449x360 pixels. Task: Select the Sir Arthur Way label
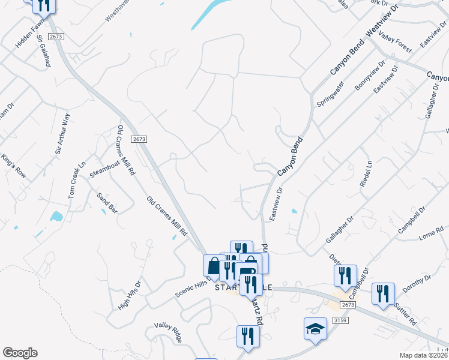[x=63, y=134]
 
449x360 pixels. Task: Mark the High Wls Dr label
[x=129, y=295]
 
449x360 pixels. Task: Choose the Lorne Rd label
[x=431, y=233]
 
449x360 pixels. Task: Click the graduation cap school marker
[x=315, y=329]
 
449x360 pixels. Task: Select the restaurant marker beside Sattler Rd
[x=382, y=293]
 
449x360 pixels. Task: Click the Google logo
[x=20, y=353]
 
